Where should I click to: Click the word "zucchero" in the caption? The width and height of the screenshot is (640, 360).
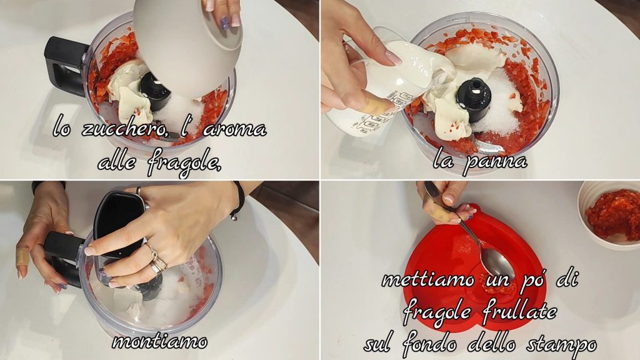click(124, 129)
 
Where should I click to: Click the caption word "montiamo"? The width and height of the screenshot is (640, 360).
click(159, 341)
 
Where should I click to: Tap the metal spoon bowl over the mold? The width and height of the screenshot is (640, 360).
click(496, 262)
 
